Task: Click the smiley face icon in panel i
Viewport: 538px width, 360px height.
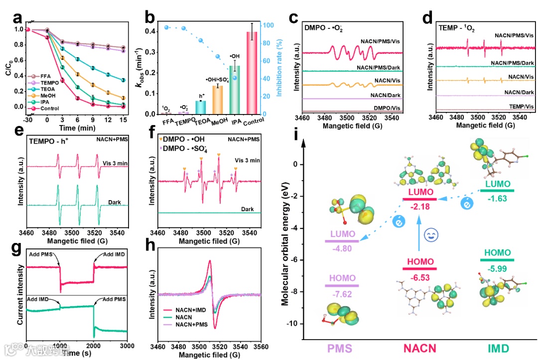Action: pos(429,235)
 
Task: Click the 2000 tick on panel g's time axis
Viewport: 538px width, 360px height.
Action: pos(94,346)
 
